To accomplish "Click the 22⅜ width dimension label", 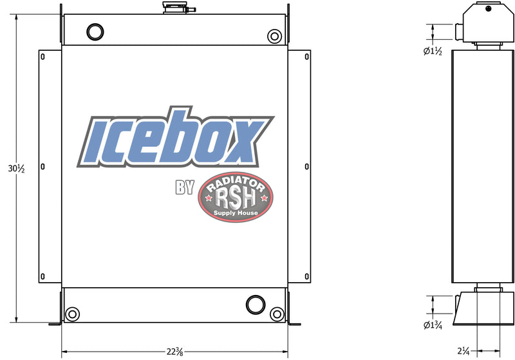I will click(174, 352).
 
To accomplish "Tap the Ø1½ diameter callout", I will click(433, 52).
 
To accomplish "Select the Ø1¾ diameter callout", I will click(433, 325).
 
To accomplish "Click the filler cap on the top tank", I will click(174, 8).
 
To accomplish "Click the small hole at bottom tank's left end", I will click(72, 314).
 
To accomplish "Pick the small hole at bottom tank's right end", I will click(277, 314).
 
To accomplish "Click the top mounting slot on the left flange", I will click(43, 56).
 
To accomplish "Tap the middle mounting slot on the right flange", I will click(307, 167).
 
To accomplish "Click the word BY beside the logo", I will click(185, 188).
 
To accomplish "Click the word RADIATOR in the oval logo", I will click(236, 185).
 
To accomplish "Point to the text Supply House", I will click(236, 213).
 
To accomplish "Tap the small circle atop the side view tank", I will click(489, 8).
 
